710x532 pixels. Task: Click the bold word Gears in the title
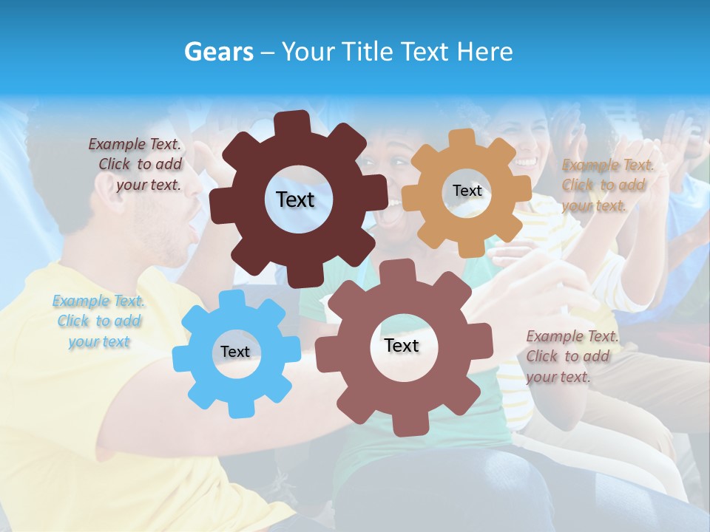click(x=217, y=52)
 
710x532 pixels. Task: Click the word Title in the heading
click(x=371, y=52)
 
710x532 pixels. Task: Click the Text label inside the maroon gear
click(x=295, y=199)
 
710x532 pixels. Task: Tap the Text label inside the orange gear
click(x=467, y=191)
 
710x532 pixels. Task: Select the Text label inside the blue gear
click(x=235, y=352)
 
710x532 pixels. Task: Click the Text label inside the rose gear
click(x=402, y=345)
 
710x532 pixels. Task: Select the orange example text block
click(x=605, y=185)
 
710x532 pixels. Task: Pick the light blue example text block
click(x=98, y=321)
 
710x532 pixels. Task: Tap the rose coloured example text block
click(x=571, y=356)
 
